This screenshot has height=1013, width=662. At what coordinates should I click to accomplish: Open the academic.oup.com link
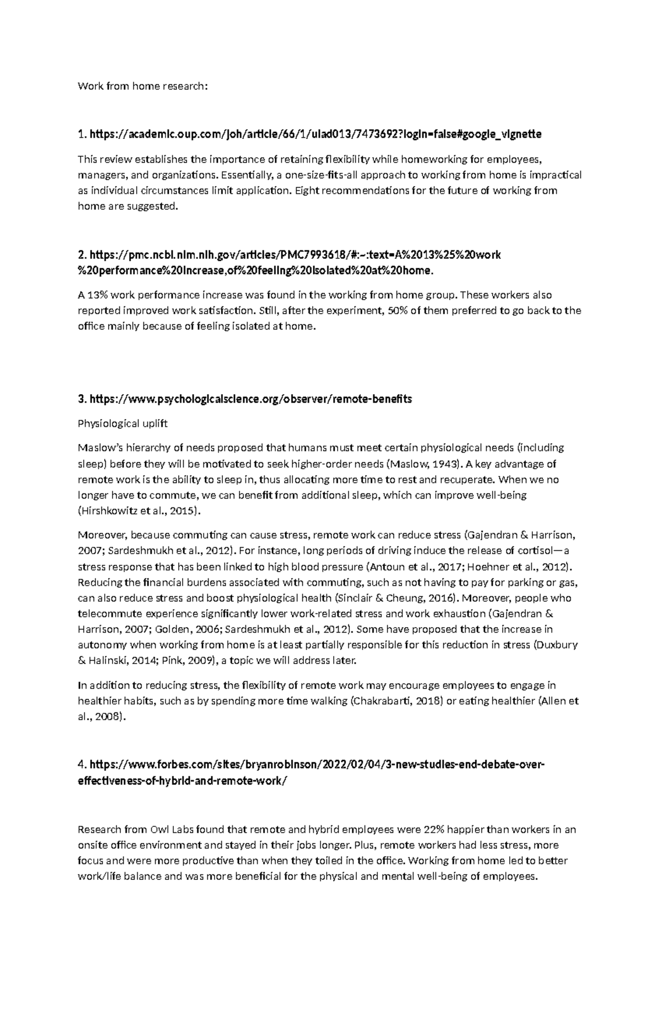pyautogui.click(x=315, y=134)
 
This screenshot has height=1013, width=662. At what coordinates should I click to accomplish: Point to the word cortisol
pyautogui.click(x=539, y=550)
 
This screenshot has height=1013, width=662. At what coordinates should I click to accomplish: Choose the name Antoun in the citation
pyautogui.click(x=386, y=566)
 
